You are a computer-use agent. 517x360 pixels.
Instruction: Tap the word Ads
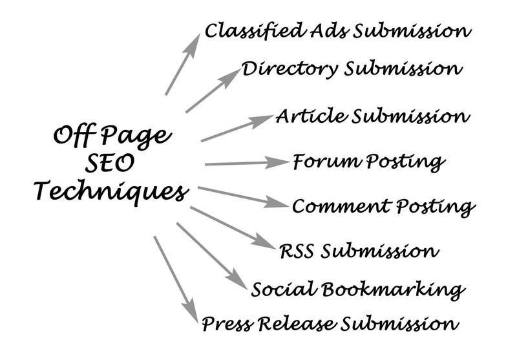(x=329, y=30)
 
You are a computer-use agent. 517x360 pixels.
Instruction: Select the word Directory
(x=290, y=69)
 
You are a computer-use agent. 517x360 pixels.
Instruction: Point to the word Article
(x=311, y=116)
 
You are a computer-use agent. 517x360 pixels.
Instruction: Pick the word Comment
(x=342, y=206)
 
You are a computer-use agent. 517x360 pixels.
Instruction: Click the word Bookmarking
(x=394, y=290)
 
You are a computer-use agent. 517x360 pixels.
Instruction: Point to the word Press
(x=228, y=323)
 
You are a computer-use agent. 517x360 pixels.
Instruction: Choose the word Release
(x=297, y=323)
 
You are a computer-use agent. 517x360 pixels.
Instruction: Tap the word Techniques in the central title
(x=111, y=192)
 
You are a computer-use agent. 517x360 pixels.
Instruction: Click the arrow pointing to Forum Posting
(x=248, y=163)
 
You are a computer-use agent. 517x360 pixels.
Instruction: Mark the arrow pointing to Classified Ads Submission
(x=183, y=64)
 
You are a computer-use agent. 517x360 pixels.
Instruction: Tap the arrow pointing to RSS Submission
(x=233, y=228)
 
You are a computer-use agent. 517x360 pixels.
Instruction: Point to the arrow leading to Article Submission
(x=237, y=128)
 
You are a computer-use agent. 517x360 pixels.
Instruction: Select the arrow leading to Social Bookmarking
(x=212, y=256)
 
